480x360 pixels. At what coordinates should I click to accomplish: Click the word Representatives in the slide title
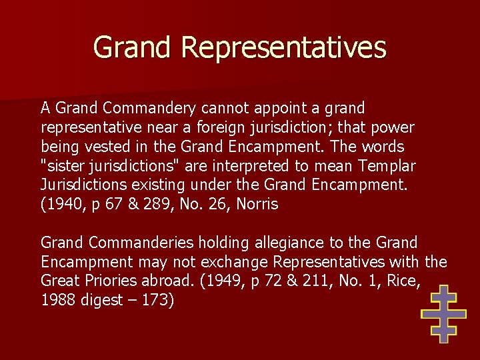click(x=283, y=48)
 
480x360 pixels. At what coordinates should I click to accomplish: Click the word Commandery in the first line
click(x=151, y=108)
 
